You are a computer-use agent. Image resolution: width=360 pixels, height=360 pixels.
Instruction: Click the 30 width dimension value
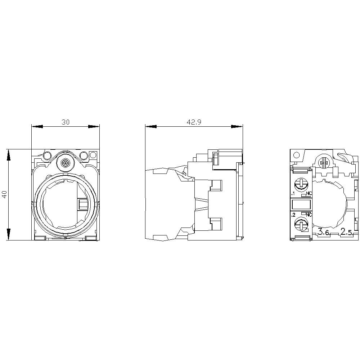tap(65, 122)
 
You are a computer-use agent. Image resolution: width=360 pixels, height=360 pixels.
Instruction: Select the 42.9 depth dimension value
tap(194, 122)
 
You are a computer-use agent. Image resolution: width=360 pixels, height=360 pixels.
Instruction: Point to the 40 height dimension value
tap(4, 195)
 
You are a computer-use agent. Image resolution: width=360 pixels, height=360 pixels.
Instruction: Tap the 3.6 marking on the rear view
tap(324, 232)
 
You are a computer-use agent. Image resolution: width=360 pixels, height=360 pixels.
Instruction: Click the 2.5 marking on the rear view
tap(346, 232)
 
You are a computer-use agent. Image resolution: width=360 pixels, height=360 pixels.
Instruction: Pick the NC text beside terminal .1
tap(309, 194)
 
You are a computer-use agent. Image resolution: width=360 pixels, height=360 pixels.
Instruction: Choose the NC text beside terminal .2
tap(309, 215)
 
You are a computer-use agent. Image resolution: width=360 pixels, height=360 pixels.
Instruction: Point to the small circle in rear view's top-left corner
tap(296, 155)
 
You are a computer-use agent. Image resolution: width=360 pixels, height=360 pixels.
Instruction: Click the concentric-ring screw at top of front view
tap(65, 163)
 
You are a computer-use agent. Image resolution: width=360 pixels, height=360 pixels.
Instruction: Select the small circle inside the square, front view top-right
tap(93, 155)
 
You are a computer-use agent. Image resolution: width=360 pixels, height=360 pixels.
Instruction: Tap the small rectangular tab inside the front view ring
tap(81, 205)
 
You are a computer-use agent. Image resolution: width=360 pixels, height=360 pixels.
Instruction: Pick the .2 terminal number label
tap(293, 215)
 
